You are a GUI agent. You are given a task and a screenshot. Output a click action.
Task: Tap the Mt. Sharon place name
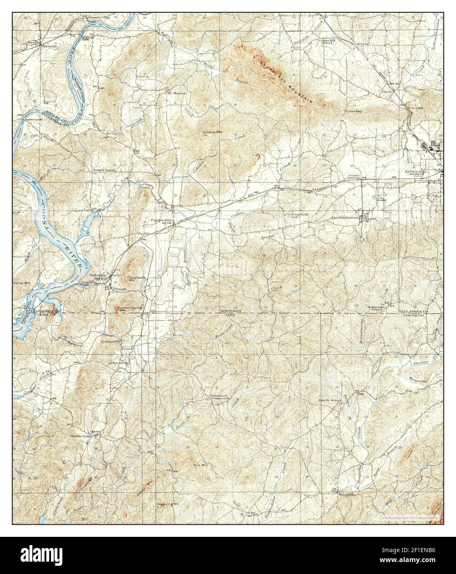point(177,93)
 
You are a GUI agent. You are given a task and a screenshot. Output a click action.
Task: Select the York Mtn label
point(200,465)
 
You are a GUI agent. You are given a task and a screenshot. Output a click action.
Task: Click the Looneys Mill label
point(111,342)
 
